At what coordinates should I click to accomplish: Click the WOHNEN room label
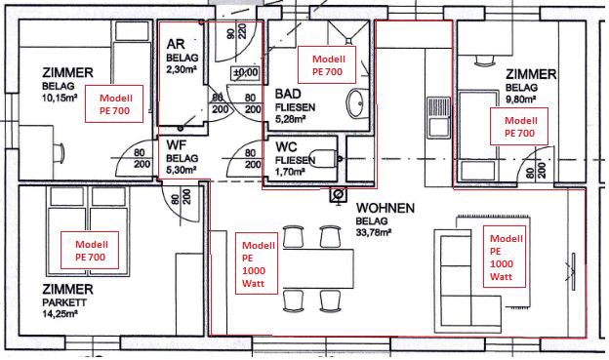click(386, 208)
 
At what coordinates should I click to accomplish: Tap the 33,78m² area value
click(373, 232)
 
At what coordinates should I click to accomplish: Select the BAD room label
click(288, 94)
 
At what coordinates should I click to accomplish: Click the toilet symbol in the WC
click(324, 158)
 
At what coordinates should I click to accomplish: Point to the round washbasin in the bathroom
click(357, 103)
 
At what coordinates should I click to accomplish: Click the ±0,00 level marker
click(246, 72)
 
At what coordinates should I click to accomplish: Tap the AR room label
click(176, 44)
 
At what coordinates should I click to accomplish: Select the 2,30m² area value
click(181, 70)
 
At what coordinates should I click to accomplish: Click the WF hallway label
click(177, 145)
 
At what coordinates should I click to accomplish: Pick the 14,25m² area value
click(60, 313)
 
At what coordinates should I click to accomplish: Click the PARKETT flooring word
click(64, 302)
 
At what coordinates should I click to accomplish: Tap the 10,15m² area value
click(60, 97)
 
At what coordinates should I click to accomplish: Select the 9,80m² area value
click(521, 99)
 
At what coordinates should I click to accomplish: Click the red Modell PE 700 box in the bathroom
click(327, 64)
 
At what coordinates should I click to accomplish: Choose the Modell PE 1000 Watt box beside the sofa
click(505, 257)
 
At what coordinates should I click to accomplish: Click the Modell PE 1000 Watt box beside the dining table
click(257, 263)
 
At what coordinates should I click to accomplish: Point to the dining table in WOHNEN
click(318, 268)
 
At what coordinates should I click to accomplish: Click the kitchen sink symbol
click(439, 117)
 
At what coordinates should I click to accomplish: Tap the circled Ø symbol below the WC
click(338, 194)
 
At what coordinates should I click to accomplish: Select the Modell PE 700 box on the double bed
click(90, 250)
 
